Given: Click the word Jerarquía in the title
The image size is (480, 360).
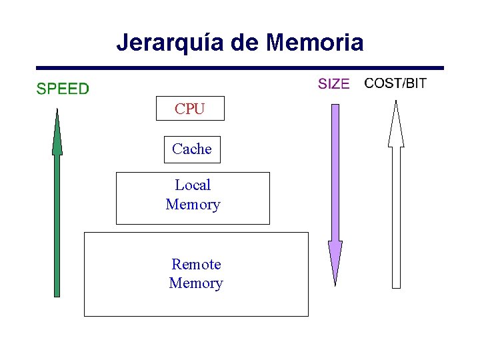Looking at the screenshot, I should (x=171, y=43).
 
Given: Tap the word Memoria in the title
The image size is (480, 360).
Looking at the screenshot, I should (x=314, y=43).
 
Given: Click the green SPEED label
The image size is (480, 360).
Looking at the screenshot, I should (x=62, y=89).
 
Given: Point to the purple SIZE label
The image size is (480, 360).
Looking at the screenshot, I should (x=333, y=84).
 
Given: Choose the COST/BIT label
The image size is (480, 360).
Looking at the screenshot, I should (x=396, y=83).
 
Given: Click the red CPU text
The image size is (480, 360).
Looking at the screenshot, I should (x=190, y=109).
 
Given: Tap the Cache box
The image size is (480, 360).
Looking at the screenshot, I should (x=192, y=149).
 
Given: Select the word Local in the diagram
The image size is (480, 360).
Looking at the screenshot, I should (x=193, y=185).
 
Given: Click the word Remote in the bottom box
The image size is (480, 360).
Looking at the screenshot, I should (x=196, y=265).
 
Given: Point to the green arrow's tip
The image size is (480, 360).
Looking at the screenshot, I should (x=57, y=113).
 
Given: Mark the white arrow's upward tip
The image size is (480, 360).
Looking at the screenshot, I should (x=396, y=104).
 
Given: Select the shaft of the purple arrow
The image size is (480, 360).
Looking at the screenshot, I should (x=335, y=173).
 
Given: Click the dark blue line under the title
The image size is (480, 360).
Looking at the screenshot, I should (x=240, y=67).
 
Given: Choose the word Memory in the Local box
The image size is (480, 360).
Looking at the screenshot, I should (x=193, y=205).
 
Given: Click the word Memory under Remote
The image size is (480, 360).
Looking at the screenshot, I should (x=196, y=283).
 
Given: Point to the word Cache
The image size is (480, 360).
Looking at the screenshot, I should (x=192, y=149).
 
